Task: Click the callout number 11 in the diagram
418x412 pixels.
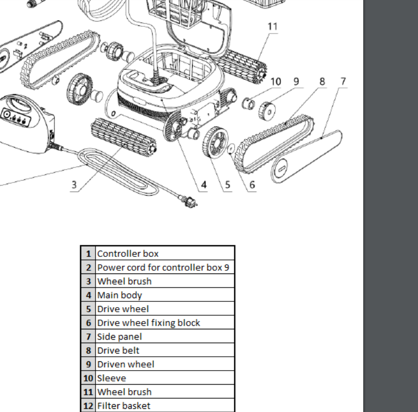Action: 272,26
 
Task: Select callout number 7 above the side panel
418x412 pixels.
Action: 343,81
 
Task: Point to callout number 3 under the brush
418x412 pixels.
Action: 74,185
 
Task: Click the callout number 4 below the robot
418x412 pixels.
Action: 204,185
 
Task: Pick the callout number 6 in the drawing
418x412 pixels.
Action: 252,185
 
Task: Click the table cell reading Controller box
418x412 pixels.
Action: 128,254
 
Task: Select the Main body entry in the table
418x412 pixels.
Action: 119,295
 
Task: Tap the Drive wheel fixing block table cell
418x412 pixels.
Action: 148,323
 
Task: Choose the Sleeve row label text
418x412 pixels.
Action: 112,378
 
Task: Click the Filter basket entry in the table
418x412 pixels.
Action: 124,406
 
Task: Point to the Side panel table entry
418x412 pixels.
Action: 119,337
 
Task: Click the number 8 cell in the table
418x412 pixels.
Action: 88,350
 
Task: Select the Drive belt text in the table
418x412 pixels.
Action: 118,350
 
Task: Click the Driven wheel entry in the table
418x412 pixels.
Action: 126,364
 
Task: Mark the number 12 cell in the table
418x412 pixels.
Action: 88,406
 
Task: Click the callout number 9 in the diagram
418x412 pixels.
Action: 296,81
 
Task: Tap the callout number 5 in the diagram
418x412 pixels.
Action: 228,185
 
